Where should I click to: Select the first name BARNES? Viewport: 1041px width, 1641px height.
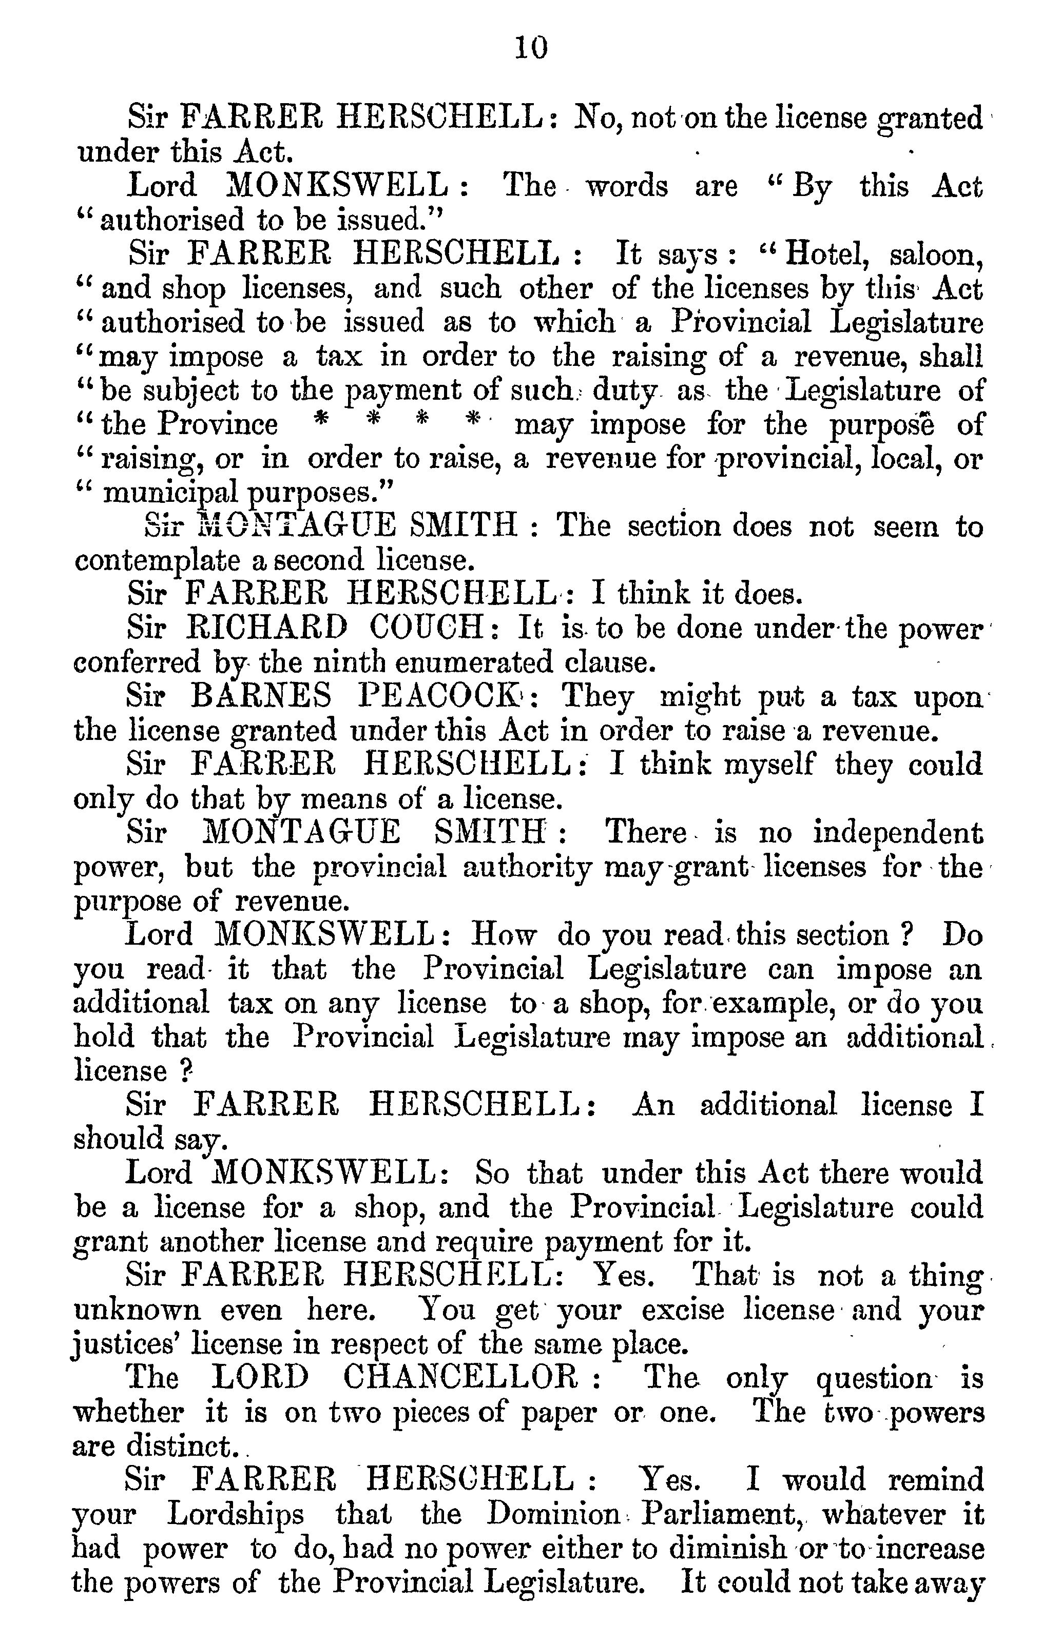pyautogui.click(x=262, y=696)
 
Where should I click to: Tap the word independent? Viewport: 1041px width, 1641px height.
pyautogui.click(x=898, y=833)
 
